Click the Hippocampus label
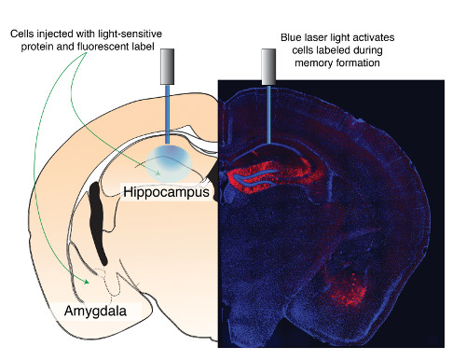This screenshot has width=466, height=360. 166,193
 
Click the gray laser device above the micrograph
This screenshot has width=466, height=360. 268,64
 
